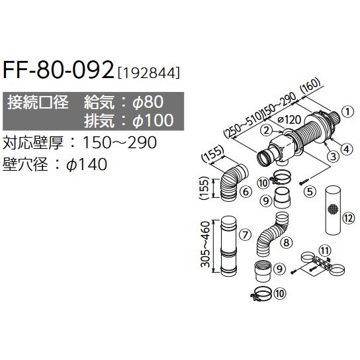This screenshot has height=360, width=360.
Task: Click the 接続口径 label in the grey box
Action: point(37,102)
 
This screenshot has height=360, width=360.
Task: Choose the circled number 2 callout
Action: point(265,130)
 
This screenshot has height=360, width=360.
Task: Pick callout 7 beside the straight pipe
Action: point(244,234)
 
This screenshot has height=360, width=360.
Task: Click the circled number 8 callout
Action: point(286,242)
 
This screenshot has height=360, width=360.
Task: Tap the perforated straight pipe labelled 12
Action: point(331,210)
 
